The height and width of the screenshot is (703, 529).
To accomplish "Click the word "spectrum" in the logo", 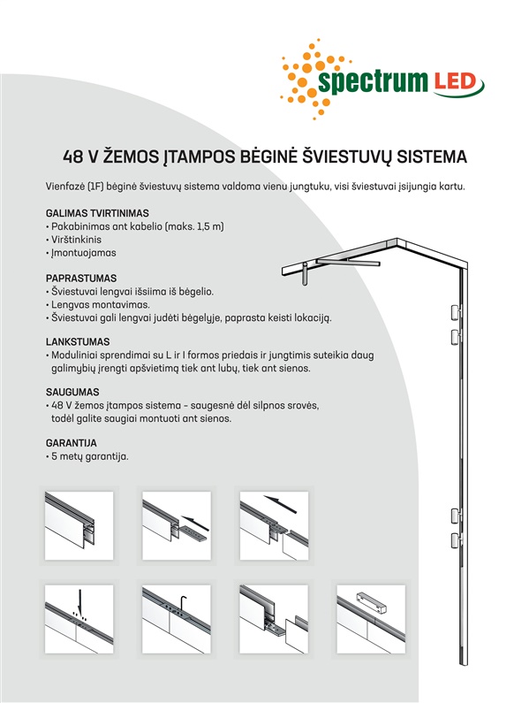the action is [x=373, y=82].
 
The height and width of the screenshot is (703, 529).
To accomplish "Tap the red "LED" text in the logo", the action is [x=454, y=82].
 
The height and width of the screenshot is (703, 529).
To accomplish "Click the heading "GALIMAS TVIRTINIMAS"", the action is [x=97, y=213].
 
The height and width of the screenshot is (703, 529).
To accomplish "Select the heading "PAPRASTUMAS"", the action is [x=81, y=279].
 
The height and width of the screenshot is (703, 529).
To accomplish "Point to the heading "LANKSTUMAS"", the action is [x=78, y=342].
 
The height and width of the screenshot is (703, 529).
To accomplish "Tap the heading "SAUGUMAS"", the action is [x=72, y=393].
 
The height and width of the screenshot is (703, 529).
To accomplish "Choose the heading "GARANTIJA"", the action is [x=72, y=443].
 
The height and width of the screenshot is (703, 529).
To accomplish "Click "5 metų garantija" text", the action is [x=89, y=457].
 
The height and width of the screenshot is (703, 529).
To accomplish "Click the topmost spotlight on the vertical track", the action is [x=456, y=312].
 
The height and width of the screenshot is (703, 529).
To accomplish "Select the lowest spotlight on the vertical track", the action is [x=456, y=540].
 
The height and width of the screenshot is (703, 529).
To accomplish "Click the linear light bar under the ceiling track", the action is [x=348, y=262].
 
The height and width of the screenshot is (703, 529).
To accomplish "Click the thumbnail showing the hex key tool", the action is [x=177, y=619].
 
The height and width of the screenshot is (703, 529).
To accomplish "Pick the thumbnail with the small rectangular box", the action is [x=371, y=619].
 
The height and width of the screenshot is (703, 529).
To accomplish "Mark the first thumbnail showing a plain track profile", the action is [x=79, y=525].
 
